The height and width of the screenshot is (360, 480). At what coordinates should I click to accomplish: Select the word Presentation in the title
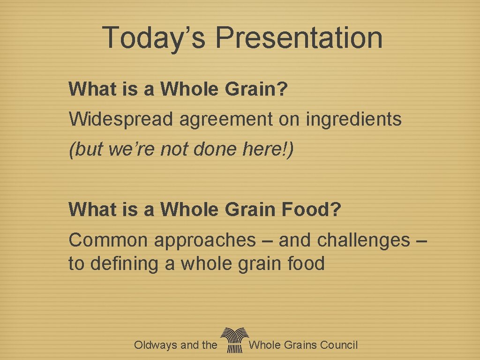(x=299, y=37)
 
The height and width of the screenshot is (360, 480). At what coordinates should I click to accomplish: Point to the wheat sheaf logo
(x=233, y=340)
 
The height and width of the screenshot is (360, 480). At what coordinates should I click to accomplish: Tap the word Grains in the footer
(x=300, y=345)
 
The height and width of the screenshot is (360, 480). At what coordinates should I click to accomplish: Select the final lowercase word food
(x=305, y=263)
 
